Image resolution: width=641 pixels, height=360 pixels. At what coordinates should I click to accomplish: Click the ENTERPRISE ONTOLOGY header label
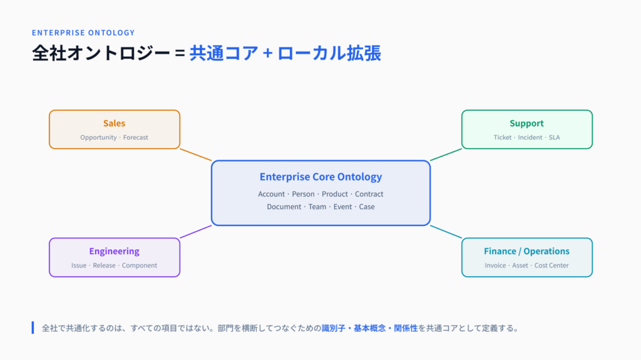[83, 33]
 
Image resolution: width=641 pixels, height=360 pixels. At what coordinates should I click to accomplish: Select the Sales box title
[114, 123]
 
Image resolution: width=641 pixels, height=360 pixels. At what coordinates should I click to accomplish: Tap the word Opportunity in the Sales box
[98, 138]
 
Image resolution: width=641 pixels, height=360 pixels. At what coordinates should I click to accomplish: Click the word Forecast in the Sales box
[136, 138]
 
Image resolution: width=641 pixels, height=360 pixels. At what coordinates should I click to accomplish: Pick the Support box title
[526, 123]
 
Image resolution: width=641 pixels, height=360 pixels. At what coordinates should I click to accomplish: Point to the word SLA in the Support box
[555, 138]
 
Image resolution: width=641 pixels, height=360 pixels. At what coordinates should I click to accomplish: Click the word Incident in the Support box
[530, 138]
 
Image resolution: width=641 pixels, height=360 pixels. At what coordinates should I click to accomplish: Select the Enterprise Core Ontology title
[321, 177]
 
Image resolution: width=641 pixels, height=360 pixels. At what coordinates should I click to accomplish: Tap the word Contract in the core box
[369, 194]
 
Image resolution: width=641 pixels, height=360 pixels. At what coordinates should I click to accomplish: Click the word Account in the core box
[272, 194]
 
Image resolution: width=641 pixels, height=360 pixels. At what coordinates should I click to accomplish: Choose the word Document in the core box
[284, 207]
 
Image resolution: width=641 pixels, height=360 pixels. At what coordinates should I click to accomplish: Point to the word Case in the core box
[367, 207]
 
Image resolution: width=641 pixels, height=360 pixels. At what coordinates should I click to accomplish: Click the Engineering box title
[114, 251]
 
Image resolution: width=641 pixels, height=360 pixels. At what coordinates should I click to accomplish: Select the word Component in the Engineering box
[140, 265]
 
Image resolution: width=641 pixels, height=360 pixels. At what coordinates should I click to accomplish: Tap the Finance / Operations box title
[526, 251]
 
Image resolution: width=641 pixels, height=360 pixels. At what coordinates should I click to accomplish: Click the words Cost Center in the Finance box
[551, 265]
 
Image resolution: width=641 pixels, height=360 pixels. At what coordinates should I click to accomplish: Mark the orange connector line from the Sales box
[196, 155]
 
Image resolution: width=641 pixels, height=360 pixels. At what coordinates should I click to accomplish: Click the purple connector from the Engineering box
[196, 232]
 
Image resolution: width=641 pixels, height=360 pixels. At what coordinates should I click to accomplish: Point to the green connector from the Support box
[446, 155]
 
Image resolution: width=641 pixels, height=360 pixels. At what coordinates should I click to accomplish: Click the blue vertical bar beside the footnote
[33, 327]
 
